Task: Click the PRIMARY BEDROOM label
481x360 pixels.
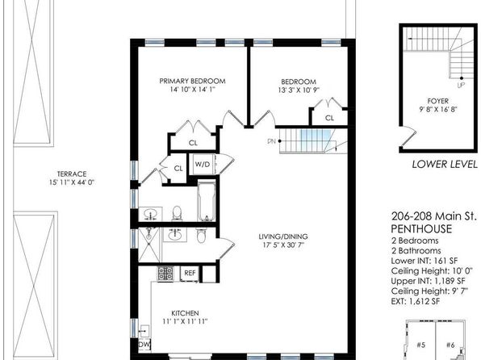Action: pyautogui.click(x=192, y=81)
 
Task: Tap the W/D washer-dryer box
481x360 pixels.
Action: pyautogui.click(x=203, y=164)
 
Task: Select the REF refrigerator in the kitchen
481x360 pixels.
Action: pyautogui.click(x=190, y=273)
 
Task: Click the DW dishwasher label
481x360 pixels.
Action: pyautogui.click(x=144, y=345)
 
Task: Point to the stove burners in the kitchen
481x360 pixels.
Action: pyautogui.click(x=165, y=274)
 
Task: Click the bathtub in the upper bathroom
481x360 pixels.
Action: pyautogui.click(x=207, y=201)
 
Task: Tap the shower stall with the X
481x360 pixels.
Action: pyautogui.click(x=148, y=245)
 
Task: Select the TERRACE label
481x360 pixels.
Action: pyautogui.click(x=72, y=174)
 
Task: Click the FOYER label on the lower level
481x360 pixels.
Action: pyautogui.click(x=438, y=101)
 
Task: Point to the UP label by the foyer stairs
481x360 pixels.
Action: pyautogui.click(x=461, y=86)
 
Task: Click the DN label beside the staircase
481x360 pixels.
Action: pyautogui.click(x=271, y=141)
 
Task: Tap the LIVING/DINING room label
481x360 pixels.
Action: pyautogui.click(x=283, y=237)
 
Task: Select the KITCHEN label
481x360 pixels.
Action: pyautogui.click(x=185, y=313)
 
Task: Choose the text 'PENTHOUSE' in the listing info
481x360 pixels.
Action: pyautogui.click(x=421, y=229)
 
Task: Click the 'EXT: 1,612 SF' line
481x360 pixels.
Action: pyautogui.click(x=416, y=301)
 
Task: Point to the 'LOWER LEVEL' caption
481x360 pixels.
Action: pyautogui.click(x=445, y=165)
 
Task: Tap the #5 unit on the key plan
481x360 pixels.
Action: pyautogui.click(x=421, y=345)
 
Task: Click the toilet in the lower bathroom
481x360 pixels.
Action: pyautogui.click(x=201, y=236)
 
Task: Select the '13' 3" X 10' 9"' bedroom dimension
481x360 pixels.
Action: pyautogui.click(x=299, y=90)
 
